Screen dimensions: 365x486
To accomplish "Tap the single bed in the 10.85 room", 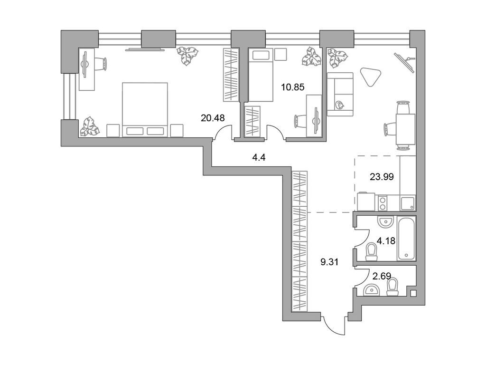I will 261,76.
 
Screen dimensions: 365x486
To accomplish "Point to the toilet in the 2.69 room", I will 392,287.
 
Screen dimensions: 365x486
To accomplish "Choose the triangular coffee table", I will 371,76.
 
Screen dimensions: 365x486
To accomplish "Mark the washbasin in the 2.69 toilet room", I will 371,289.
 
